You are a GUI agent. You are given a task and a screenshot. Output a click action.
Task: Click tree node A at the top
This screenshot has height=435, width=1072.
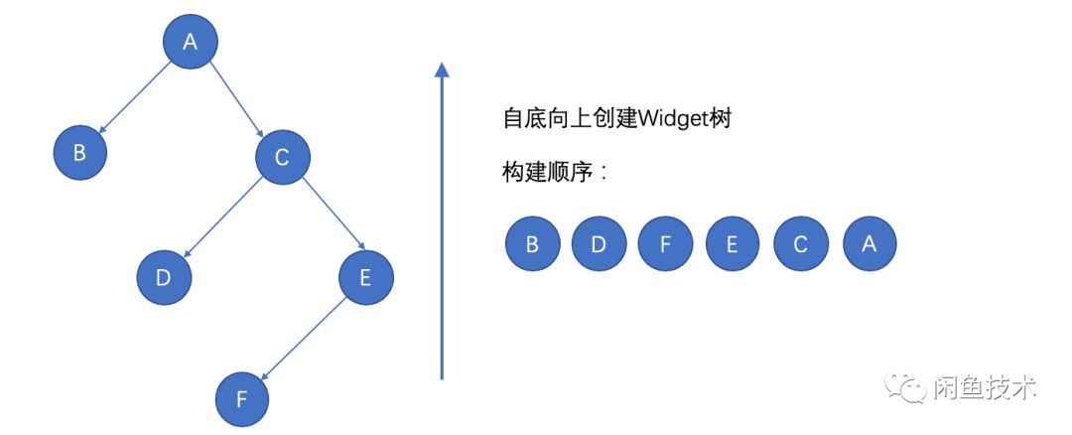(190, 42)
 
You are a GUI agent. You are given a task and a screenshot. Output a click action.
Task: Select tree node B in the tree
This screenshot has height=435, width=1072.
(80, 153)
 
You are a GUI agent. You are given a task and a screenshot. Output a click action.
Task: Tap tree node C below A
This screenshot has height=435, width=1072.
(282, 156)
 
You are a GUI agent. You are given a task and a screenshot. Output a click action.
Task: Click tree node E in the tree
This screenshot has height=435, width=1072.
(365, 277)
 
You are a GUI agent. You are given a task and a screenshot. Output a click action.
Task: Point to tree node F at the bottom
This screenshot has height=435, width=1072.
(243, 400)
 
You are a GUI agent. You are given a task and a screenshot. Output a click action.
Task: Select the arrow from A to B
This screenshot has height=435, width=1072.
(135, 97)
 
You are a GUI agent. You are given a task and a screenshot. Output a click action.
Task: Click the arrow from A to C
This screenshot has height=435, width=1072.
(236, 98)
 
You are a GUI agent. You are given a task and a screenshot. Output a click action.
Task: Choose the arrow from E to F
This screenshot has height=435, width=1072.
(304, 339)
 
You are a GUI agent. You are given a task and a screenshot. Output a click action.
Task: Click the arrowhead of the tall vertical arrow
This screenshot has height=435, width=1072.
(442, 70)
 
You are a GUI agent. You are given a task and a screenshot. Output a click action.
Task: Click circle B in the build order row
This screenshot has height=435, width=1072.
(532, 244)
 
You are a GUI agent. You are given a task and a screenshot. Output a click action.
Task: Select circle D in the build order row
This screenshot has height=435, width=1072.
(599, 244)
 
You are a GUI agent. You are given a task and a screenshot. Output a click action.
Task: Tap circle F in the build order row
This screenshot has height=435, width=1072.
(665, 244)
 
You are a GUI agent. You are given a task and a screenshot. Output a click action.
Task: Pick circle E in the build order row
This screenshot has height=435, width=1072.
(733, 244)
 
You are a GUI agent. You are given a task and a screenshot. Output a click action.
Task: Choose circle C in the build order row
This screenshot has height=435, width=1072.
(801, 244)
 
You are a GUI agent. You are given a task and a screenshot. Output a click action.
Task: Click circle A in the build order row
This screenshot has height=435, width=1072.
(870, 244)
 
